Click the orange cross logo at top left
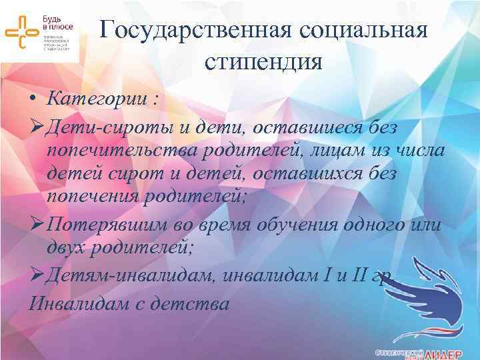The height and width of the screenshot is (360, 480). pos(22,31)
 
